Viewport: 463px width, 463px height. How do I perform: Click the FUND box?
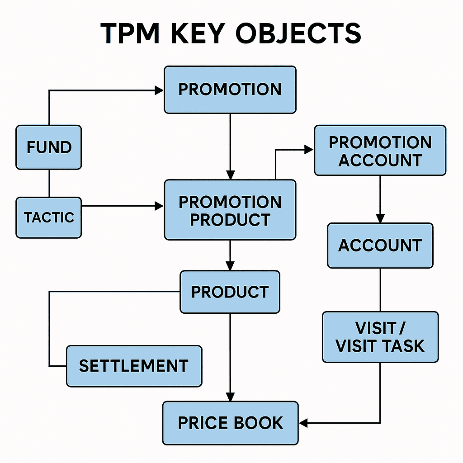(x=49, y=147)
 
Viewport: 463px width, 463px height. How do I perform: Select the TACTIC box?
(x=49, y=217)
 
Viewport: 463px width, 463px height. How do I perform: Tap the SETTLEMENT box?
(x=134, y=366)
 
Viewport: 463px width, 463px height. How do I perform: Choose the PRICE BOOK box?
(x=230, y=423)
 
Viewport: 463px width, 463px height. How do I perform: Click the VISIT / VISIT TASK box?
(x=380, y=337)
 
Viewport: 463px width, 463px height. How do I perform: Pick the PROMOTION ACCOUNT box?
(x=380, y=151)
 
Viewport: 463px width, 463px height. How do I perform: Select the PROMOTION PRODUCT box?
(x=230, y=210)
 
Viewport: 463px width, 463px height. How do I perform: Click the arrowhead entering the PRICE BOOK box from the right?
(x=303, y=423)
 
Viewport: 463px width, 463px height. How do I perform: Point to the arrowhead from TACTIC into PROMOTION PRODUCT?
(x=159, y=206)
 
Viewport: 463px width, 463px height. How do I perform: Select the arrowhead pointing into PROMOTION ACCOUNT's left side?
(x=310, y=150)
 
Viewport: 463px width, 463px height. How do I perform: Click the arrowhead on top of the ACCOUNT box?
(x=380, y=219)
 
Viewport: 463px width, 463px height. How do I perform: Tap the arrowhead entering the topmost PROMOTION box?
(x=159, y=90)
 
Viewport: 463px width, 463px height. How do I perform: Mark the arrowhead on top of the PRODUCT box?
(x=230, y=266)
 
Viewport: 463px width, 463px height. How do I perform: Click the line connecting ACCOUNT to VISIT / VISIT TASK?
(x=380, y=289)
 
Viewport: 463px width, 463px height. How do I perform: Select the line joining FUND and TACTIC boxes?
(x=49, y=183)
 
